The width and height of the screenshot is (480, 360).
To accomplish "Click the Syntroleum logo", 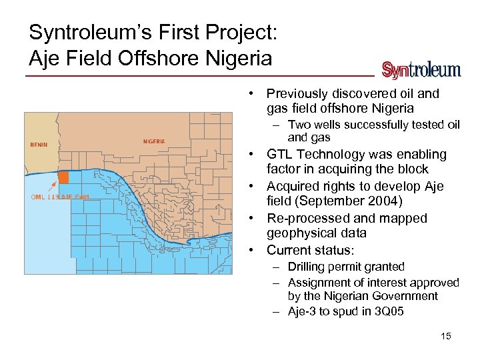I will (x=421, y=70).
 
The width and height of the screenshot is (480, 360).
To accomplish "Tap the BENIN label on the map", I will (x=39, y=145).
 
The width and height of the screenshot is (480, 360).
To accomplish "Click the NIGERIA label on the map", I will (x=154, y=141).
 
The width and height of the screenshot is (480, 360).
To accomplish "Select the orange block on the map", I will (x=63, y=177).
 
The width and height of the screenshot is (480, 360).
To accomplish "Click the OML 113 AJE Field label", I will (x=60, y=197).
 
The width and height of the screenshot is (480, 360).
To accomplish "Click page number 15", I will (x=446, y=336).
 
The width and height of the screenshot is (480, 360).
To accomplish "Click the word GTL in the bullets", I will (x=280, y=155).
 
